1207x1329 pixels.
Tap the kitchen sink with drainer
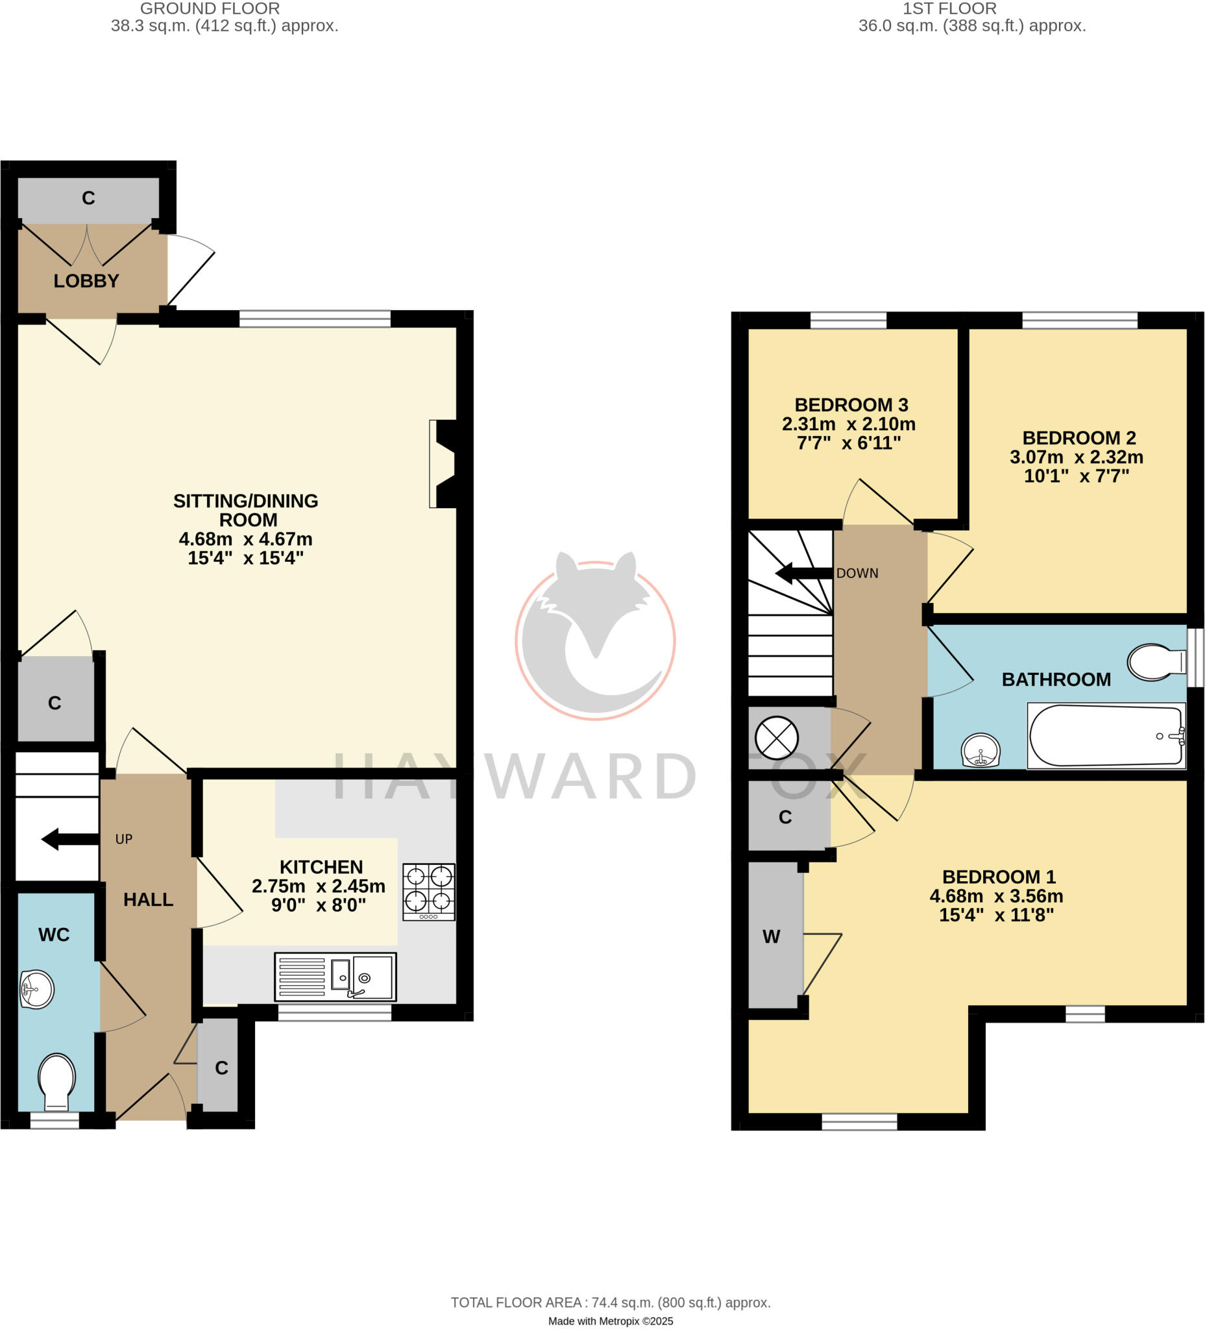click(335, 977)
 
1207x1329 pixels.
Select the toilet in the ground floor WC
click(56, 1082)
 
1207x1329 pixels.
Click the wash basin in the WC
click(36, 989)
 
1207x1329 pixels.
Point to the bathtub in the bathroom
click(1106, 737)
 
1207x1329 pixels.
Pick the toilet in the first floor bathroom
click(1155, 662)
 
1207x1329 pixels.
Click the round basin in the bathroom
click(981, 751)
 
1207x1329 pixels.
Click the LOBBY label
click(86, 281)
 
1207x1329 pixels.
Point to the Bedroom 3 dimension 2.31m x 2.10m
click(848, 424)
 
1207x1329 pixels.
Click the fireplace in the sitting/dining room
click(443, 464)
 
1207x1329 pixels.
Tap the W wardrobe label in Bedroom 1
click(772, 936)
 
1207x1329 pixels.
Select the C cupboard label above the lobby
click(88, 198)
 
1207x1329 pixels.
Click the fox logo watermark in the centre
click(594, 637)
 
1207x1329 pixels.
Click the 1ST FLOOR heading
click(949, 8)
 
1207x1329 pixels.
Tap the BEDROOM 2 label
click(1079, 438)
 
